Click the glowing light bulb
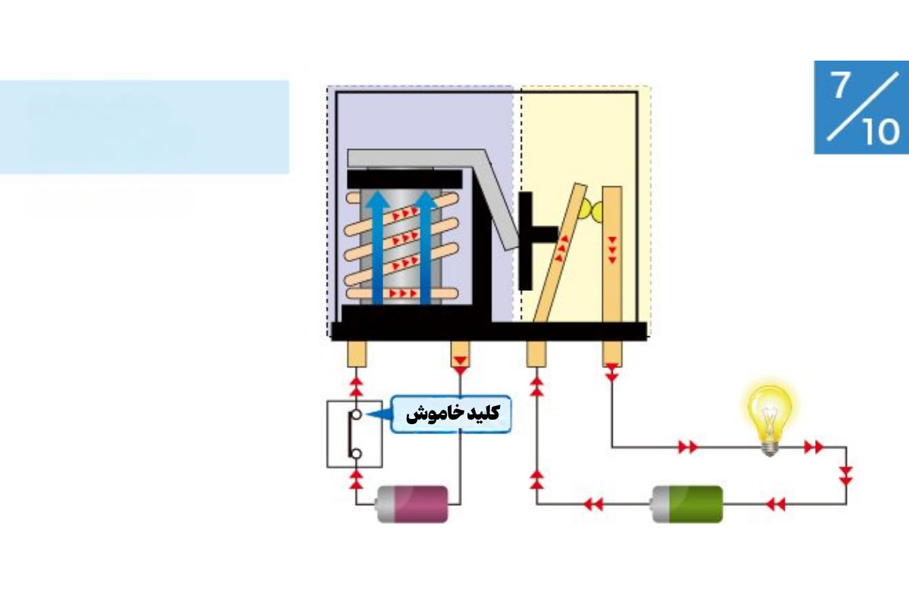pyautogui.click(x=770, y=420)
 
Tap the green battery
pyautogui.click(x=688, y=504)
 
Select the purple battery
pyautogui.click(x=413, y=504)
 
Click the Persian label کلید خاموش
pyautogui.click(x=452, y=414)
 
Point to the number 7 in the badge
pyautogui.click(x=839, y=86)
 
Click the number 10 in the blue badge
pyautogui.click(x=880, y=132)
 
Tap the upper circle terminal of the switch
pyautogui.click(x=356, y=415)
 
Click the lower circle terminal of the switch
pyautogui.click(x=356, y=454)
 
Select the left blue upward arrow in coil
pyautogui.click(x=377, y=247)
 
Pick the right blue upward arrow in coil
pyautogui.click(x=425, y=247)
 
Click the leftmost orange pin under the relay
pyautogui.click(x=357, y=354)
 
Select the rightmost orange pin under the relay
pyautogui.click(x=612, y=354)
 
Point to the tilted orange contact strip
pyautogui.click(x=561, y=252)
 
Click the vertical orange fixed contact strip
pyautogui.click(x=612, y=255)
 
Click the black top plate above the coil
pyautogui.click(x=405, y=180)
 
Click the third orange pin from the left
pyautogui.click(x=536, y=354)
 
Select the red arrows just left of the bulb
pyautogui.click(x=688, y=447)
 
